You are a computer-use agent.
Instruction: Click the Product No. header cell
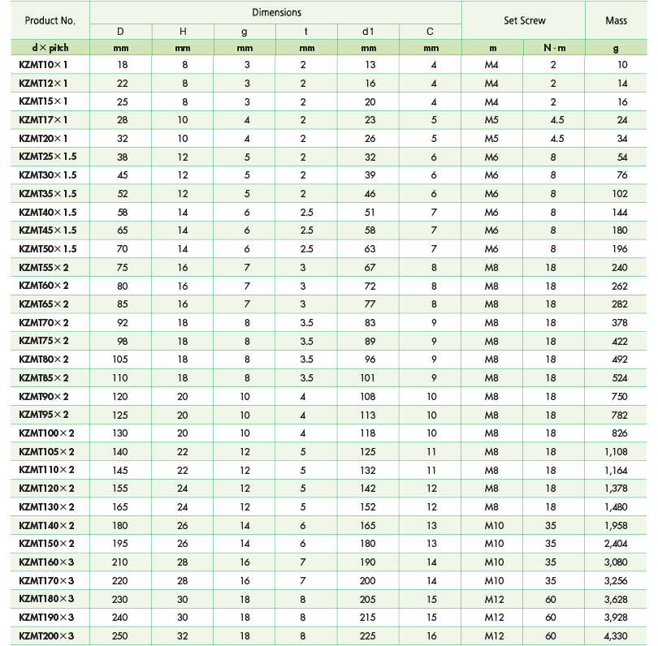point(50,20)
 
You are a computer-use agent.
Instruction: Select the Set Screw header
point(524,20)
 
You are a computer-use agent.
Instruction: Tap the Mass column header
point(616,20)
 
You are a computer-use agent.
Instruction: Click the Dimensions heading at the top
point(276,12)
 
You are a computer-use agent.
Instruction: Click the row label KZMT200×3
point(46,635)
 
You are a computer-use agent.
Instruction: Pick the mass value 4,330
point(616,635)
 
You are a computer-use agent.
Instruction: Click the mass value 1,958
point(616,526)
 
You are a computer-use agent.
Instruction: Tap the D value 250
point(121,635)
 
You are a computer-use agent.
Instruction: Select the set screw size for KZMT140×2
point(493,526)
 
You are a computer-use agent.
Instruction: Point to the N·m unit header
point(553,48)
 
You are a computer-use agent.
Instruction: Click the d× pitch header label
point(50,48)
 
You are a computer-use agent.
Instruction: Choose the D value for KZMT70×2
point(121,322)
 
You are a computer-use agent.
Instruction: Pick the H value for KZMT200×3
point(183,635)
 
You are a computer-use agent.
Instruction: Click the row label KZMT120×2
point(46,489)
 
